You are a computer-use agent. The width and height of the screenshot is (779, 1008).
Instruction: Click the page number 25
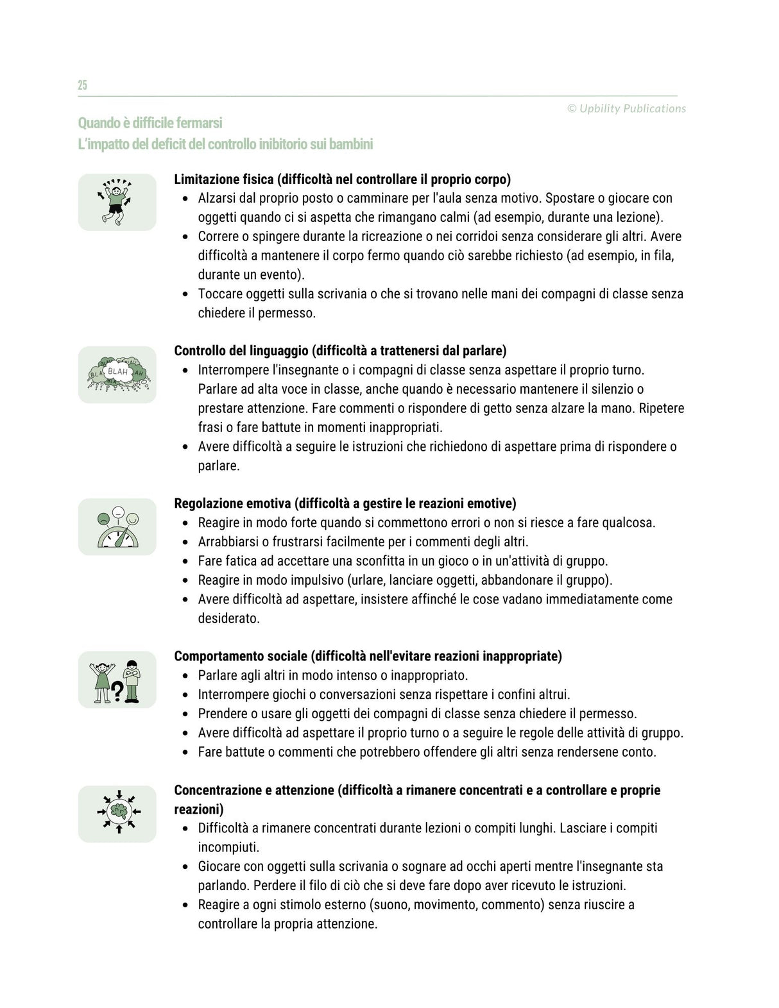pyautogui.click(x=82, y=85)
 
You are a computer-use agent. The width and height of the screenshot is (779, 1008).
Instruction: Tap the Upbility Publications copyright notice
pyautogui.click(x=626, y=108)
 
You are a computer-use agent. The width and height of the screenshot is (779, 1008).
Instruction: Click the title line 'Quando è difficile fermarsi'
pyautogui.click(x=150, y=122)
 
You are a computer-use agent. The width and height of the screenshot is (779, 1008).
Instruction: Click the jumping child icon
pyautogui.click(x=117, y=201)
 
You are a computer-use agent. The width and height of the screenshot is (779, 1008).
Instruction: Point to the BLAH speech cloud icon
pyautogui.click(x=117, y=374)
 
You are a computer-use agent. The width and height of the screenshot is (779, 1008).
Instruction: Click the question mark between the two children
pyautogui.click(x=117, y=691)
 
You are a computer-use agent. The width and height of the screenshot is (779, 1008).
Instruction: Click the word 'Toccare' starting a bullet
pyautogui.click(x=219, y=294)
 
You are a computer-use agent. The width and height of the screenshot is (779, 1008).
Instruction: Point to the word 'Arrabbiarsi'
pyautogui.click(x=228, y=542)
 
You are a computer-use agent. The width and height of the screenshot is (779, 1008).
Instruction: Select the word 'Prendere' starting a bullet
pyautogui.click(x=222, y=714)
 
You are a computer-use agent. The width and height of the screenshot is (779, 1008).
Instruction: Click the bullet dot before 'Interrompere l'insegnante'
pyautogui.click(x=185, y=371)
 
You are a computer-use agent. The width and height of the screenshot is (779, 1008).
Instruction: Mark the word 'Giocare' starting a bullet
pyautogui.click(x=220, y=866)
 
